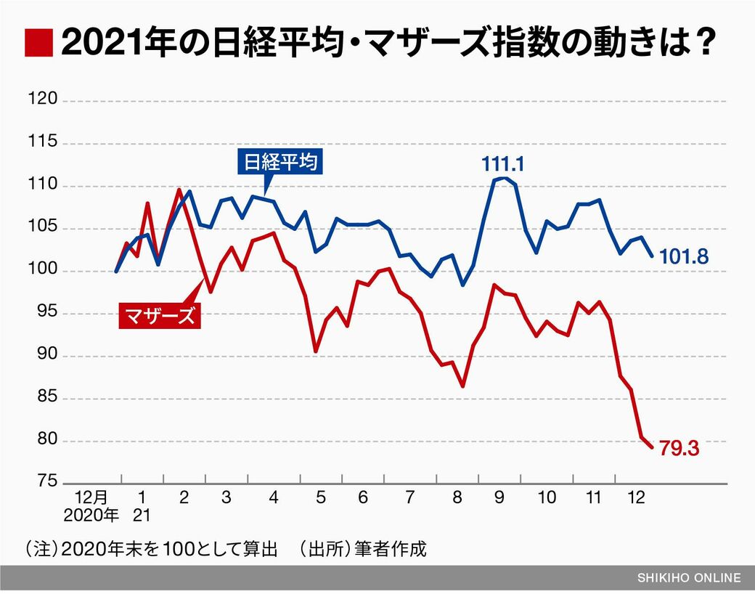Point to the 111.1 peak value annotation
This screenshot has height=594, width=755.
502,164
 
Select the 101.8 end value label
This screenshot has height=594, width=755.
684,257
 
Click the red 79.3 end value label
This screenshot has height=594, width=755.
679,449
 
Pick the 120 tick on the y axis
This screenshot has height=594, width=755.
43,100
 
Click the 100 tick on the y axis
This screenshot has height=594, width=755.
43,271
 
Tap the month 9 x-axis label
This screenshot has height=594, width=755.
500,497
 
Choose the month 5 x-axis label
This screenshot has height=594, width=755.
320,497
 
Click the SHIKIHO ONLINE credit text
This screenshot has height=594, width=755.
689,578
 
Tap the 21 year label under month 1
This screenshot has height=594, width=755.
142,516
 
